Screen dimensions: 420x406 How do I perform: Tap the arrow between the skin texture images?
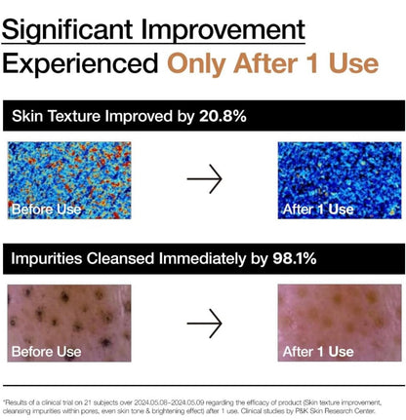pos(204,179)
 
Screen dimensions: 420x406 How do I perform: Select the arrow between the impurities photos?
pos(204,323)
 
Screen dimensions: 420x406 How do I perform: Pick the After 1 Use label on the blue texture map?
pos(317,209)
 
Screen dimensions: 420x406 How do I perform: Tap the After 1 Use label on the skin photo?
pos(317,351)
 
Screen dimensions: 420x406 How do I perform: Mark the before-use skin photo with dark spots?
pos(67,317)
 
